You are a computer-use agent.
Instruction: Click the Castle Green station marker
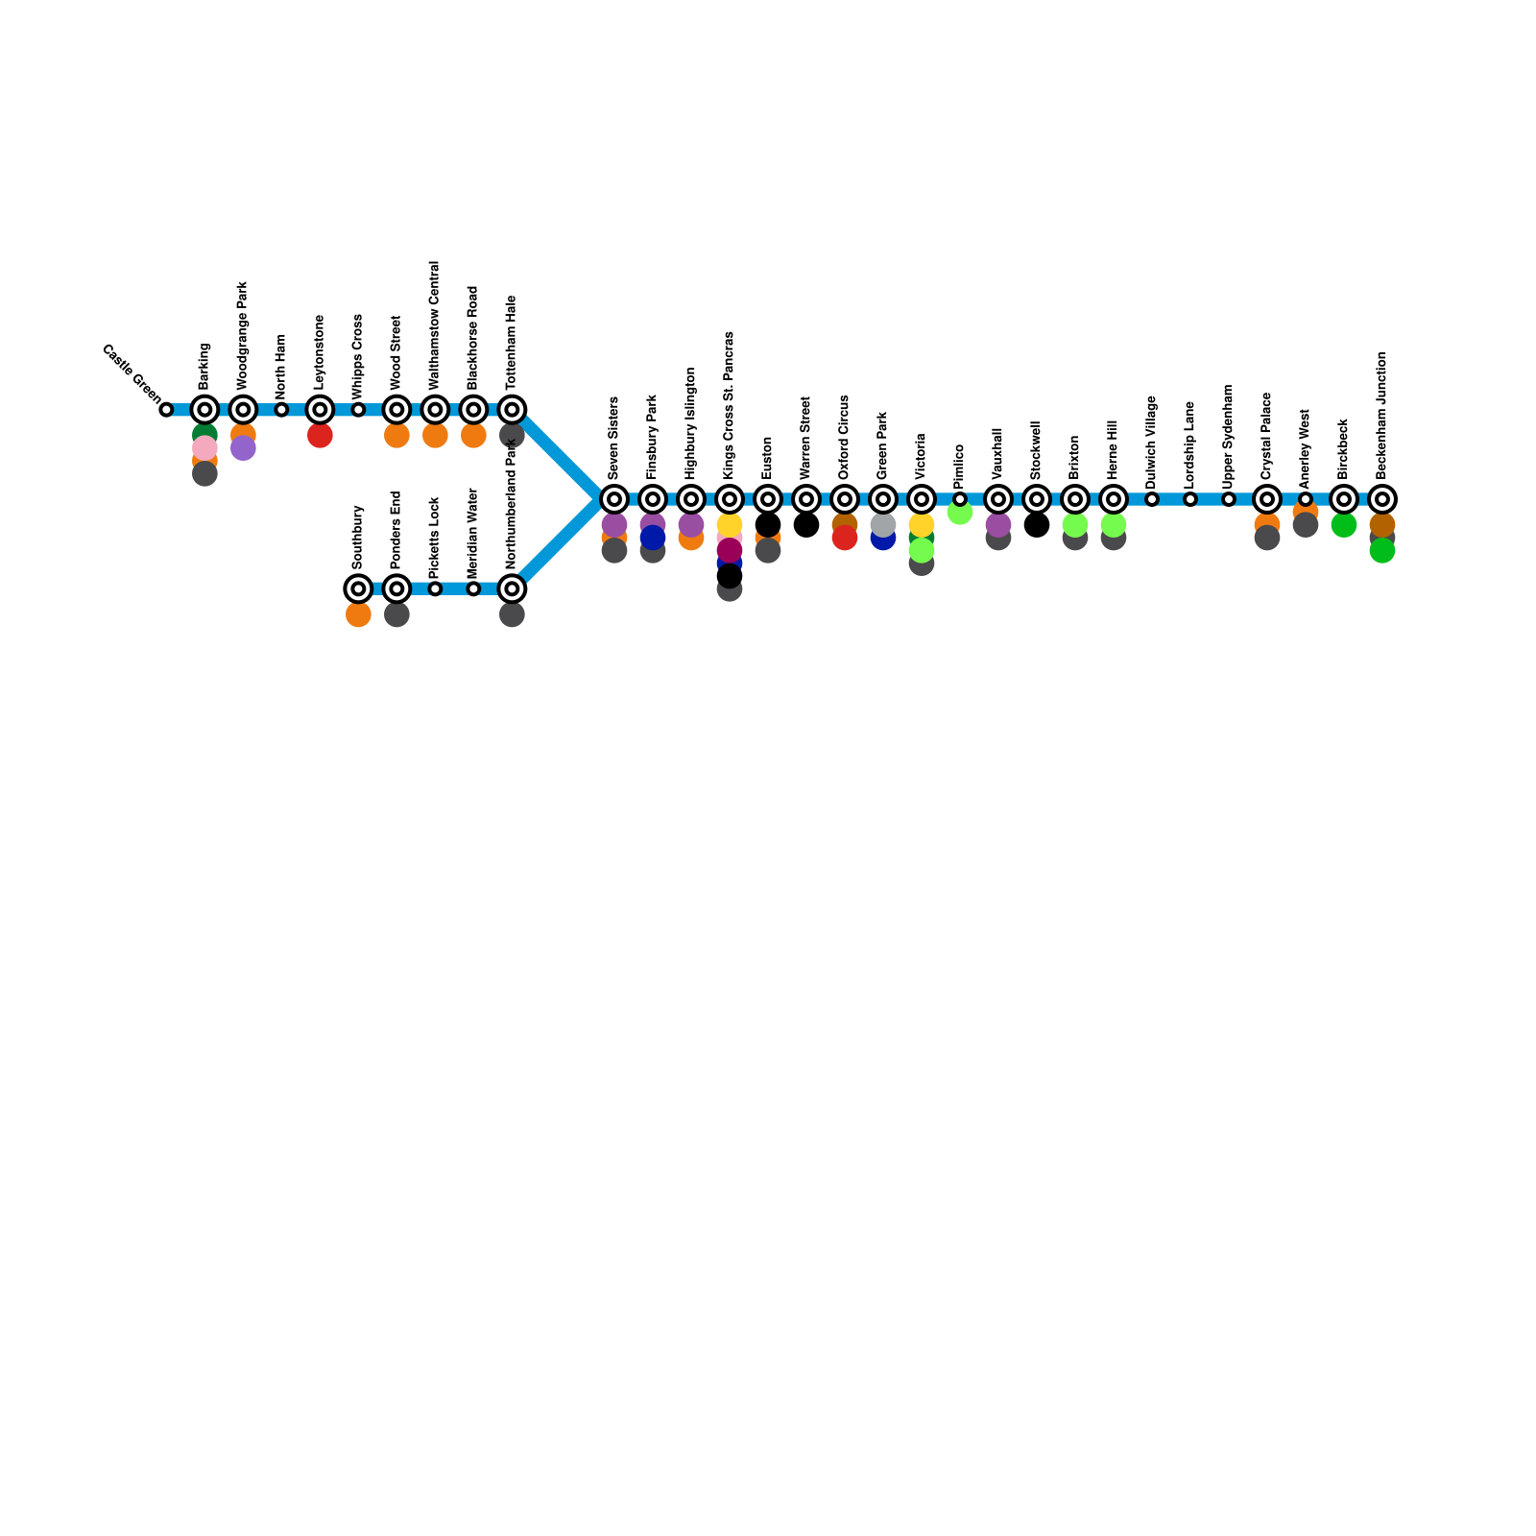pyautogui.click(x=166, y=410)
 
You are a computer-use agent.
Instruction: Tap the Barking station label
pyautogui.click(x=204, y=366)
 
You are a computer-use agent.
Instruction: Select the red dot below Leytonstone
pyautogui.click(x=320, y=436)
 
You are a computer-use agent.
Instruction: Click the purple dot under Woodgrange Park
pyautogui.click(x=243, y=448)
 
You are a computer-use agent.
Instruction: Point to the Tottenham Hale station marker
pyautogui.click(x=512, y=410)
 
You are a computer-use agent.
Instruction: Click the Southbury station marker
pyautogui.click(x=358, y=588)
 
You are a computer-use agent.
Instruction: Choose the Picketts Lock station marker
pyautogui.click(x=435, y=588)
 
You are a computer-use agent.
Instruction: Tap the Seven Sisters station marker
pyautogui.click(x=614, y=499)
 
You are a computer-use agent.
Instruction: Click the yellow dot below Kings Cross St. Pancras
pyautogui.click(x=730, y=525)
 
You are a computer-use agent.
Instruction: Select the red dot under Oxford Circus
pyautogui.click(x=845, y=538)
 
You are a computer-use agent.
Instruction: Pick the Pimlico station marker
pyautogui.click(x=960, y=499)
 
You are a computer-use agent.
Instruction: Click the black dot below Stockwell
pyautogui.click(x=1037, y=525)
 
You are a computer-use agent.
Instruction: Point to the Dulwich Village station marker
pyautogui.click(x=1152, y=499)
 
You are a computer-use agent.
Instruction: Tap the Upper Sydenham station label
pyautogui.click(x=1229, y=432)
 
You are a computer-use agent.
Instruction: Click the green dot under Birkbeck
pyautogui.click(x=1344, y=525)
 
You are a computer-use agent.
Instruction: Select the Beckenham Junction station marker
pyautogui.click(x=1382, y=499)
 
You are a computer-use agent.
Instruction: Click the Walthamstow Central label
pyautogui.click(x=435, y=324)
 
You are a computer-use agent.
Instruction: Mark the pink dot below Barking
pyautogui.click(x=204, y=448)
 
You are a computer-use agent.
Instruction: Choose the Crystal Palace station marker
pyautogui.click(x=1267, y=499)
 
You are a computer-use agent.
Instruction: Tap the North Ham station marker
pyautogui.click(x=281, y=410)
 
